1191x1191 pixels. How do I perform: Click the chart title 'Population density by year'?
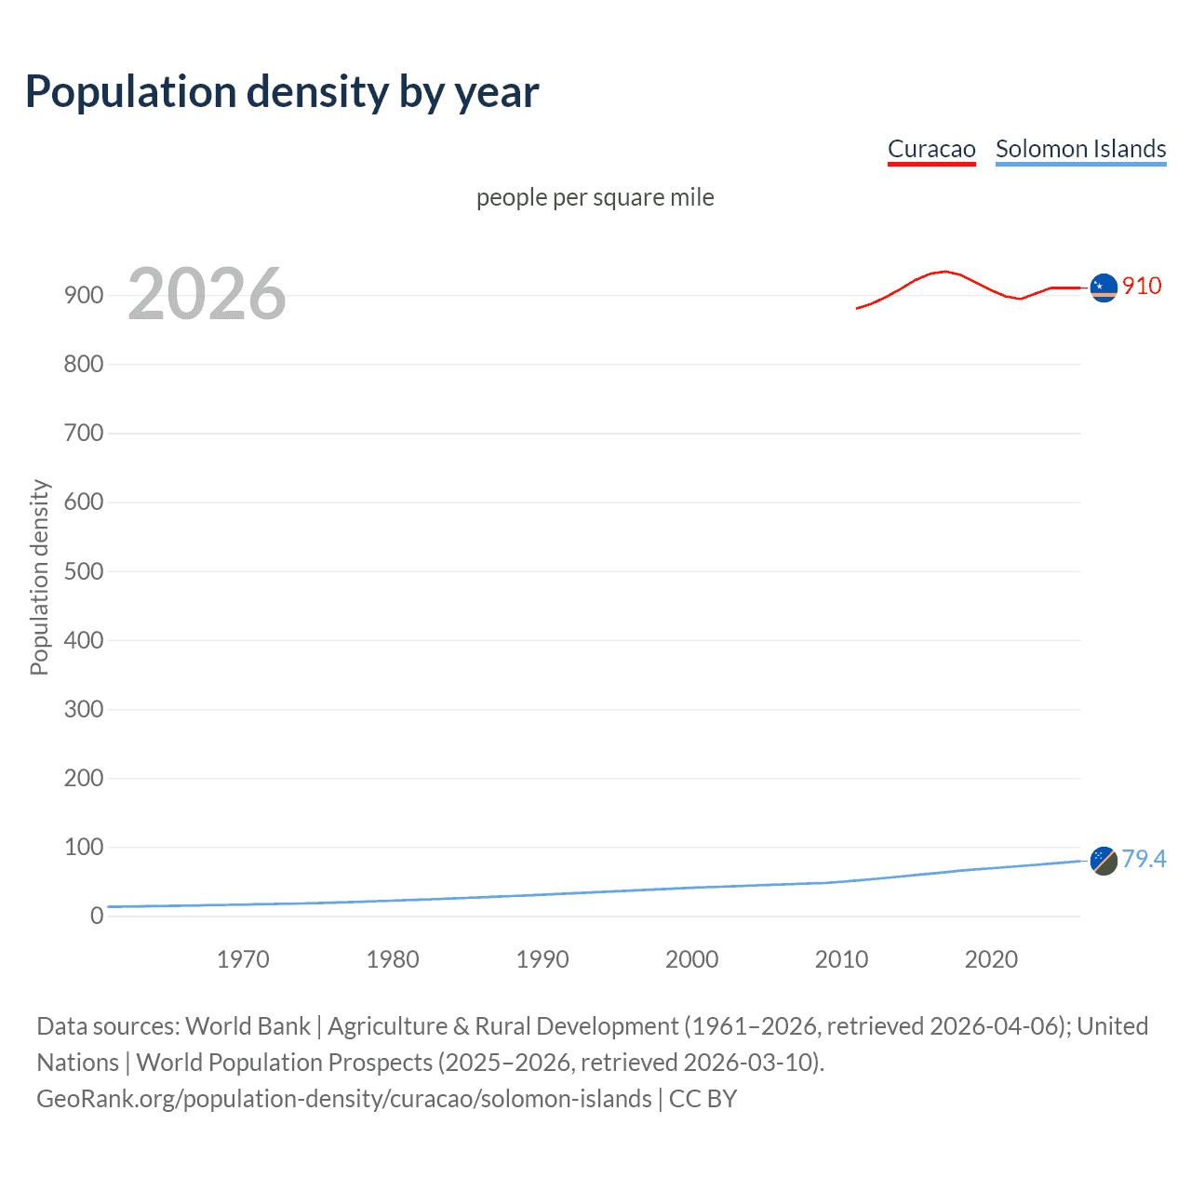pyautogui.click(x=282, y=92)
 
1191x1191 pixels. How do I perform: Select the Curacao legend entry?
pyautogui.click(x=931, y=149)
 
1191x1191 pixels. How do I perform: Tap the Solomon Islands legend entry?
pyautogui.click(x=1080, y=149)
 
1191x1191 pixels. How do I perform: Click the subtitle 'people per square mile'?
pyautogui.click(x=595, y=197)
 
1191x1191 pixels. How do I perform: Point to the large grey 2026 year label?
pyautogui.click(x=207, y=294)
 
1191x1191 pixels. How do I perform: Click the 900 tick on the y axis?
pyautogui.click(x=84, y=295)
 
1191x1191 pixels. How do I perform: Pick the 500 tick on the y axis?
pyautogui.click(x=84, y=571)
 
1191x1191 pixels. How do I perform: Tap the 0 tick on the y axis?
pyautogui.click(x=97, y=916)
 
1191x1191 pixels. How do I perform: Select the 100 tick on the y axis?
pyautogui.click(x=84, y=847)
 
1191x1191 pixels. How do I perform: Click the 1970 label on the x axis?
pyautogui.click(x=243, y=959)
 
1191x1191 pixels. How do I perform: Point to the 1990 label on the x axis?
pyautogui.click(x=542, y=959)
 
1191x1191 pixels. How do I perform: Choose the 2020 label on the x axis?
pyautogui.click(x=991, y=959)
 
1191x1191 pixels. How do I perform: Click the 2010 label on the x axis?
pyautogui.click(x=841, y=959)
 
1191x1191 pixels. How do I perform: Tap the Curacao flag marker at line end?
pyautogui.click(x=1104, y=288)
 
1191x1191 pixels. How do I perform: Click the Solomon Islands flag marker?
pyautogui.click(x=1104, y=861)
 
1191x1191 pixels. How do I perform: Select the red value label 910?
pyautogui.click(x=1142, y=286)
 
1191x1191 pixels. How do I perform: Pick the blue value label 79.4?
pyautogui.click(x=1144, y=859)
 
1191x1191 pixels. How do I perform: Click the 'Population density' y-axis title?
pyautogui.click(x=39, y=577)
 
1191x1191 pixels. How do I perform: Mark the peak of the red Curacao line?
pyautogui.click(x=945, y=272)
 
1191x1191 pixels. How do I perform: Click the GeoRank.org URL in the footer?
pyautogui.click(x=344, y=1099)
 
